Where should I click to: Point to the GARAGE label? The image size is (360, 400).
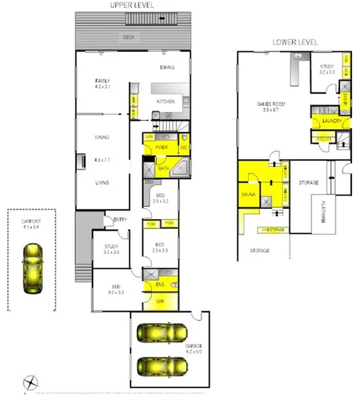[x=195, y=346]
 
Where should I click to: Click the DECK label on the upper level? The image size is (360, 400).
[x=128, y=36]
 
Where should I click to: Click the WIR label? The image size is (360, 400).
[x=159, y=301]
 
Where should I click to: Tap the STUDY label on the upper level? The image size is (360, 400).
[x=112, y=247]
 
